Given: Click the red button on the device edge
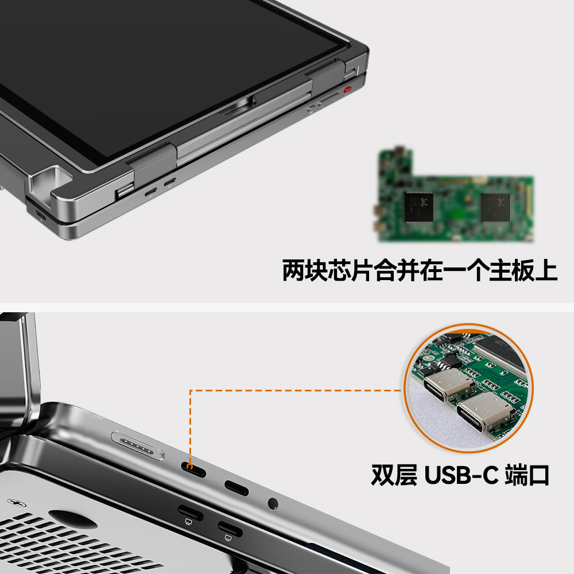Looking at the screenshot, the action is coord(347,90).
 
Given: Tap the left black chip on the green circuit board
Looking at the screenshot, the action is coord(419,207).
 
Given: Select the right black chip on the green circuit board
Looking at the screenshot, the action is coord(496,207).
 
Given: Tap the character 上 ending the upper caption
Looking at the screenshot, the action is coord(546,270).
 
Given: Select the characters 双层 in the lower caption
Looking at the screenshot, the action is coord(394,475).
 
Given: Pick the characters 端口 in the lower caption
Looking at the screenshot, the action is coord(527,475).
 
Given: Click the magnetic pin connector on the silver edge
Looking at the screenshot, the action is coord(138,445).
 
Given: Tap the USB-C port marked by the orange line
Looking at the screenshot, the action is coord(193,470).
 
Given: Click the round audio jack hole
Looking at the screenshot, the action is coord(273,504).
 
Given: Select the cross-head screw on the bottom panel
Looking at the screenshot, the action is coord(17,502).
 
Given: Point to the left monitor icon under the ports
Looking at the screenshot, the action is coord(188,522).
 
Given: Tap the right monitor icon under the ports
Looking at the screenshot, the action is coord(228,538).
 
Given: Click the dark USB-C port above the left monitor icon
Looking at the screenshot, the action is coord(191,512).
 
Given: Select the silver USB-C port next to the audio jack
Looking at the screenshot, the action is coord(236,488).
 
